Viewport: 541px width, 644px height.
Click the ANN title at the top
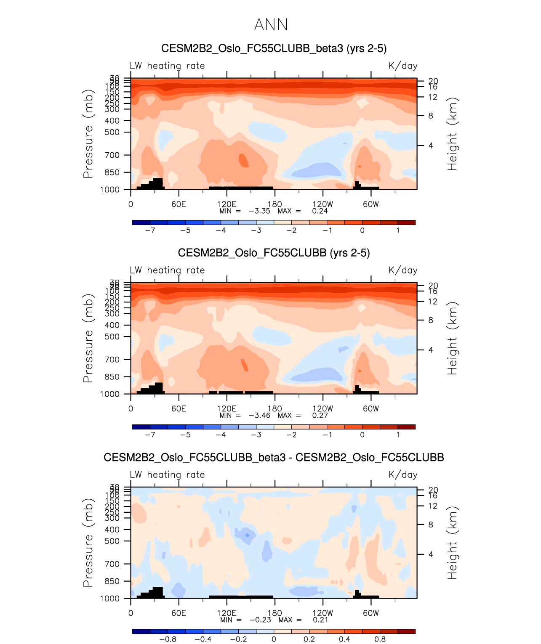[x=271, y=25]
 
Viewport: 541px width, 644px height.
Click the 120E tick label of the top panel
[x=227, y=204]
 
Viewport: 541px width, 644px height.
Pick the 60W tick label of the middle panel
[x=370, y=409]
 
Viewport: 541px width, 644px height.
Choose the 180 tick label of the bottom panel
[x=274, y=613]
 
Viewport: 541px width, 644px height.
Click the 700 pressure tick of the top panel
[x=112, y=155]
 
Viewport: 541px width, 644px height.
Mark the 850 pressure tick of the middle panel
[x=112, y=377]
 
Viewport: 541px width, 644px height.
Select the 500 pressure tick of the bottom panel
[x=112, y=541]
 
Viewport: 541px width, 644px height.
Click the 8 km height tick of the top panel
[x=431, y=116]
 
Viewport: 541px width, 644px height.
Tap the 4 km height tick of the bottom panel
[x=431, y=554]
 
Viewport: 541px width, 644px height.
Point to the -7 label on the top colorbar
[x=150, y=231]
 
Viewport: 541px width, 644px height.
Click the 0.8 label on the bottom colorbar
[x=380, y=639]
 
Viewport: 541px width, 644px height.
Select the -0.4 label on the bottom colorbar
[x=203, y=639]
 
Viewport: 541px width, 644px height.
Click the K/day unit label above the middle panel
[x=403, y=270]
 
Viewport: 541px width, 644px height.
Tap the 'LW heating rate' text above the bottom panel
[x=167, y=475]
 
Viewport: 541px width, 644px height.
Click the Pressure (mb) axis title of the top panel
[x=88, y=134]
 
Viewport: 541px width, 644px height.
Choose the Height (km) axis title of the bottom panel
[x=452, y=543]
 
